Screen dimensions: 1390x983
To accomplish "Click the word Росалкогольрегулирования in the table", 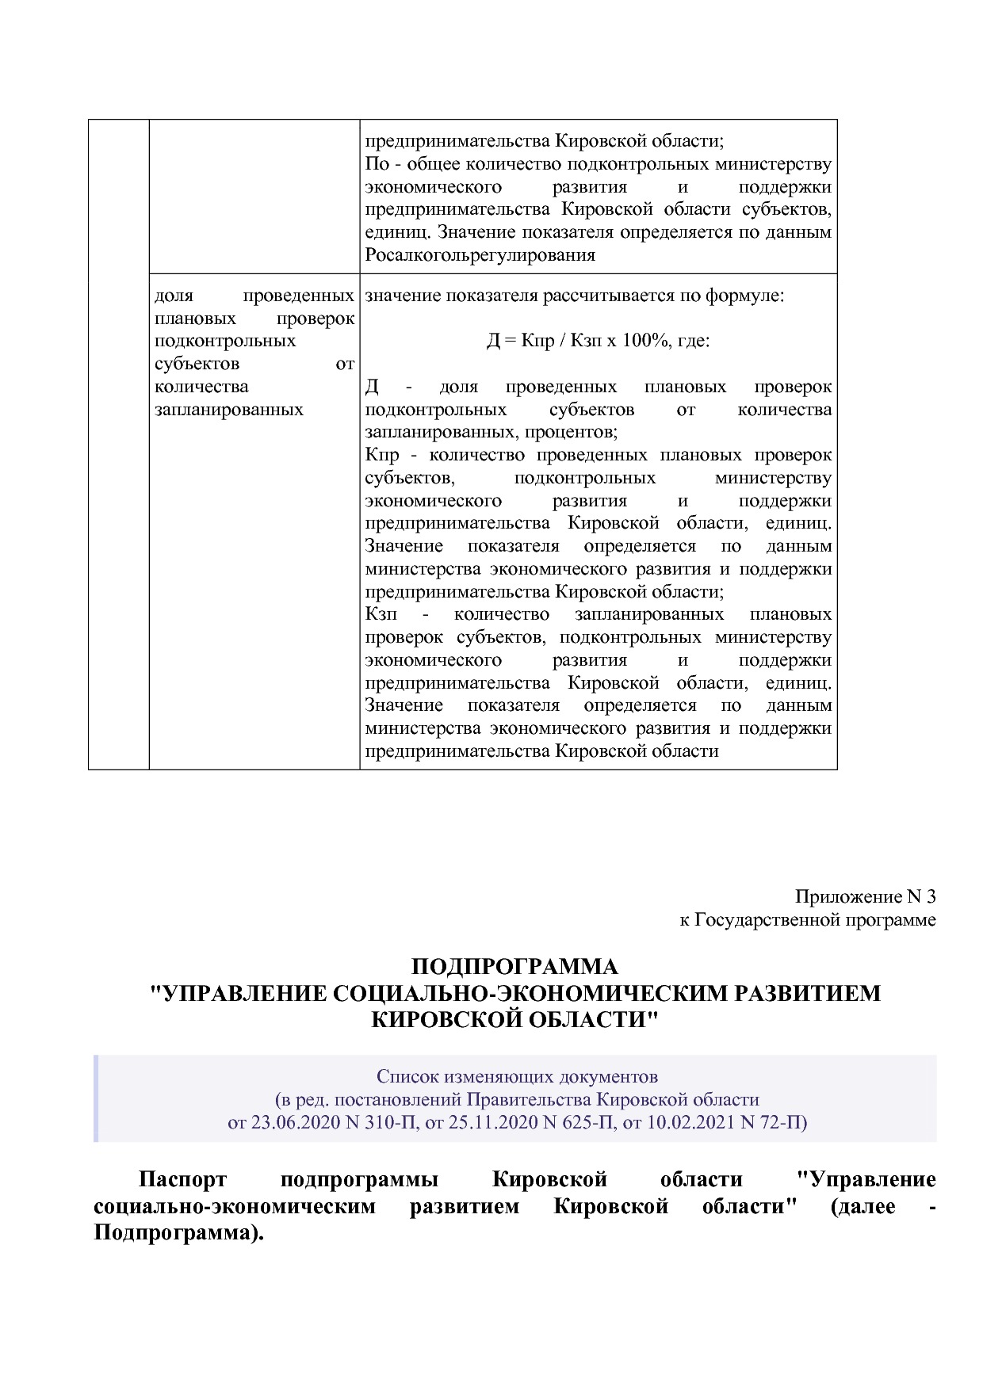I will coord(480,255).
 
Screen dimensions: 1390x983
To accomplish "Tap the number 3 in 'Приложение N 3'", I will coord(931,896).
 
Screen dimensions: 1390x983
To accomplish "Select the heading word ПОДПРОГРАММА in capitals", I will coord(514,967).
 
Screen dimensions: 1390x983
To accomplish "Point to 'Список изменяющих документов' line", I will coord(517,1077).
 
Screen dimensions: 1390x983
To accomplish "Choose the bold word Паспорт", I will coord(182,1179).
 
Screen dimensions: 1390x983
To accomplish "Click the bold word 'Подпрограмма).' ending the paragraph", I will coord(178,1235).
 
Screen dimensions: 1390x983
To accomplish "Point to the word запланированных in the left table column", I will coord(229,410).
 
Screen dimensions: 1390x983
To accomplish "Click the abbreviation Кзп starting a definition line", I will coord(381,614).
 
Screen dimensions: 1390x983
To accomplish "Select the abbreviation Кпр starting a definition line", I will coord(382,455).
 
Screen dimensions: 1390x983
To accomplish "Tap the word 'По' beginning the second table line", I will coord(377,164).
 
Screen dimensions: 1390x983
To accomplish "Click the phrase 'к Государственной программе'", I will coord(807,920).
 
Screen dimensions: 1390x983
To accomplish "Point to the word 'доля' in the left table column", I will coord(174,296).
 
